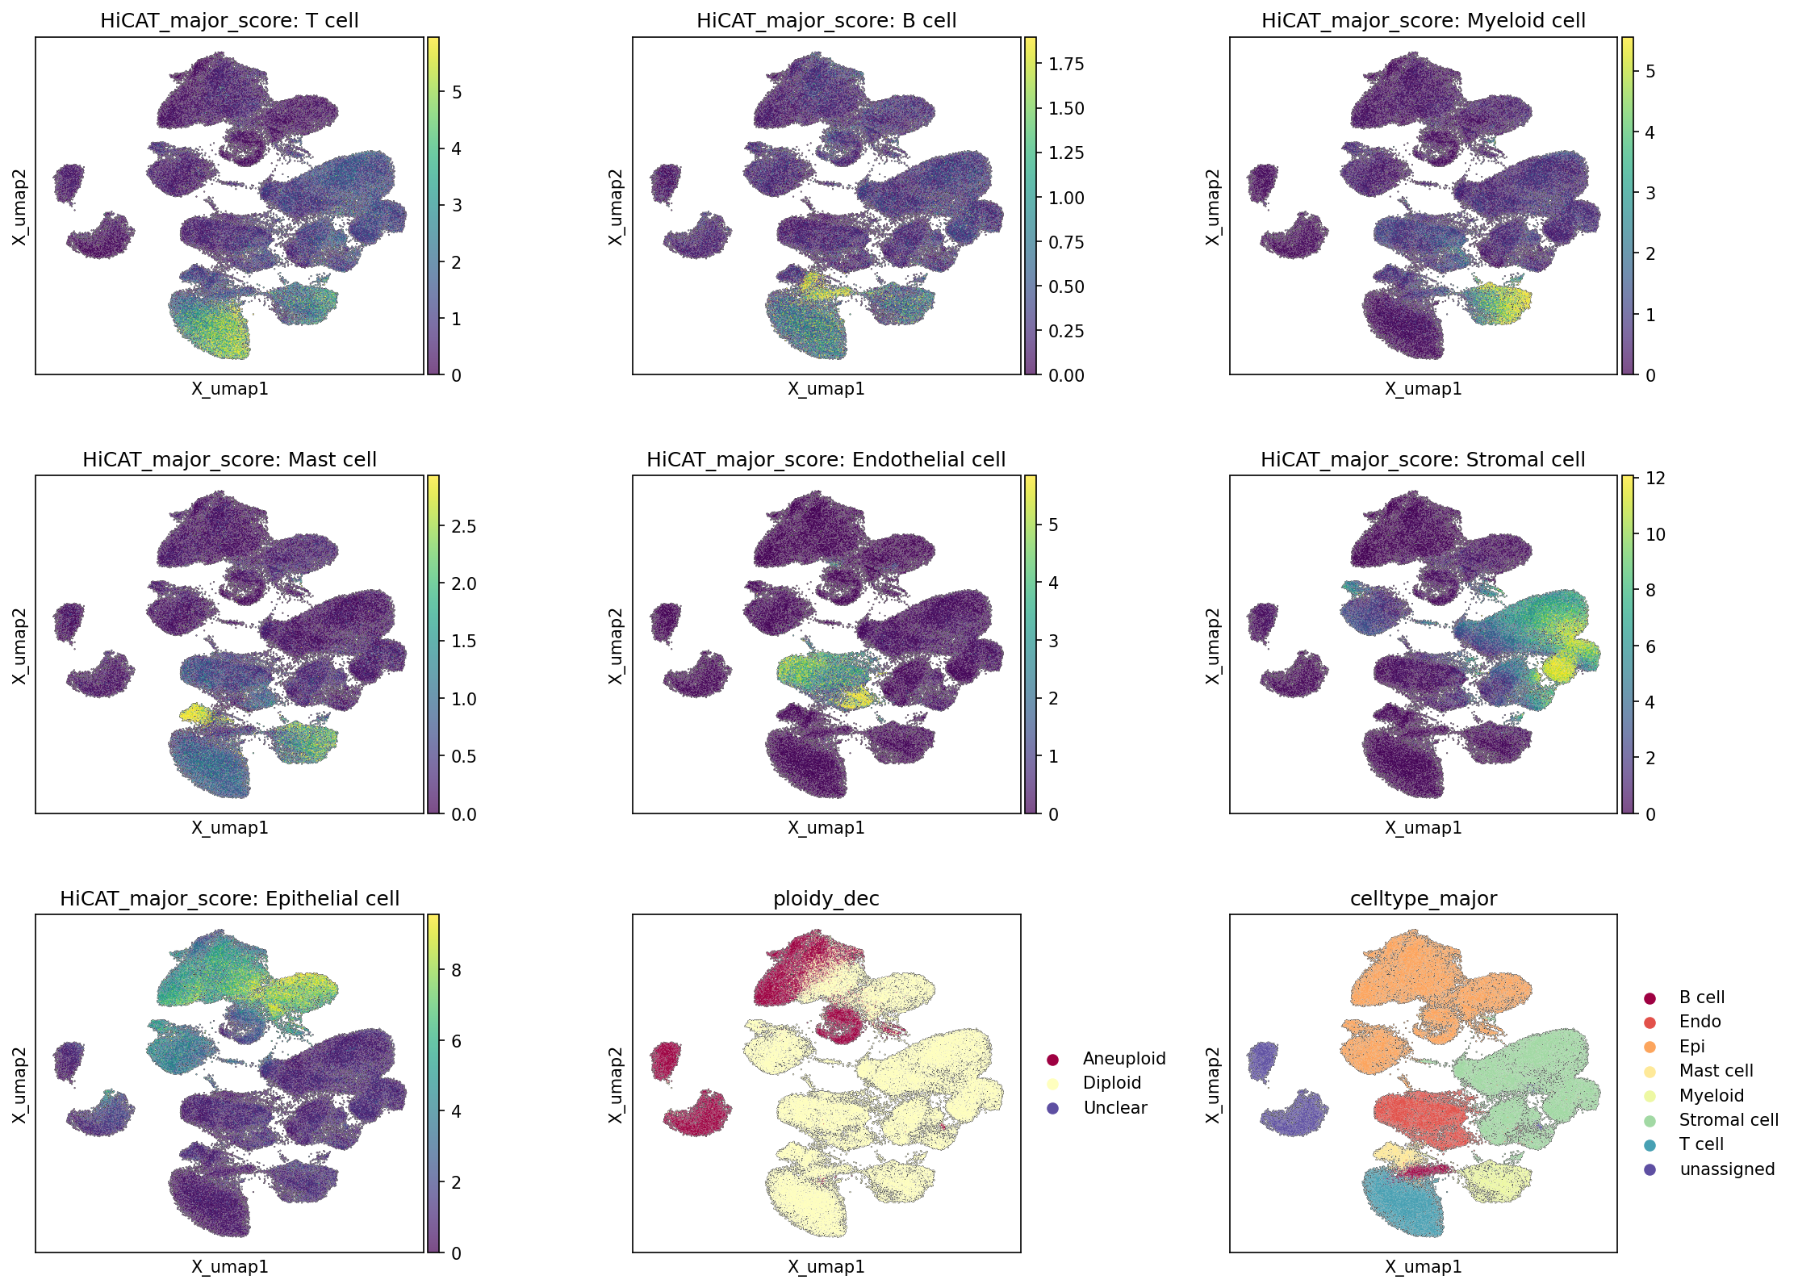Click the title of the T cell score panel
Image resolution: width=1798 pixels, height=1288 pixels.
[229, 20]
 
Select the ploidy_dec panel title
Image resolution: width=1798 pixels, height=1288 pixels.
[826, 898]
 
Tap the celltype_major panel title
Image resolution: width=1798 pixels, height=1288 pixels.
[1423, 898]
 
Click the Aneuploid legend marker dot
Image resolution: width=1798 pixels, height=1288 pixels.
[1052, 1059]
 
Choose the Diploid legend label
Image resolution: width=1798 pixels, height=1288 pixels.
[1112, 1083]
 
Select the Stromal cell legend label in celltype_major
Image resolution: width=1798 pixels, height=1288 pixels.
[1729, 1119]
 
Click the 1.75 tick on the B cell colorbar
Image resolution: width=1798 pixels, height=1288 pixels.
[1066, 64]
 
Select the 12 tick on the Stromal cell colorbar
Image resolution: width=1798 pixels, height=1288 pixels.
[1655, 479]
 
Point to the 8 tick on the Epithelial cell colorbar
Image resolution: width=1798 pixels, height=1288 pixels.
[456, 970]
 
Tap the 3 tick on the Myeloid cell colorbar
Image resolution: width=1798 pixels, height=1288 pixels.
[1650, 193]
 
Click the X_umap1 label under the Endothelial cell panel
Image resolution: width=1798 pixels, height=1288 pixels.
[826, 827]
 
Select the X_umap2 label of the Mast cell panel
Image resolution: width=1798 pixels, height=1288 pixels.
[19, 646]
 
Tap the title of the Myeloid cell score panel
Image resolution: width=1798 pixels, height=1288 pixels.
[1424, 20]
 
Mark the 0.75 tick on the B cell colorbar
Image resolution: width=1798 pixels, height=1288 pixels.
[1066, 242]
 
